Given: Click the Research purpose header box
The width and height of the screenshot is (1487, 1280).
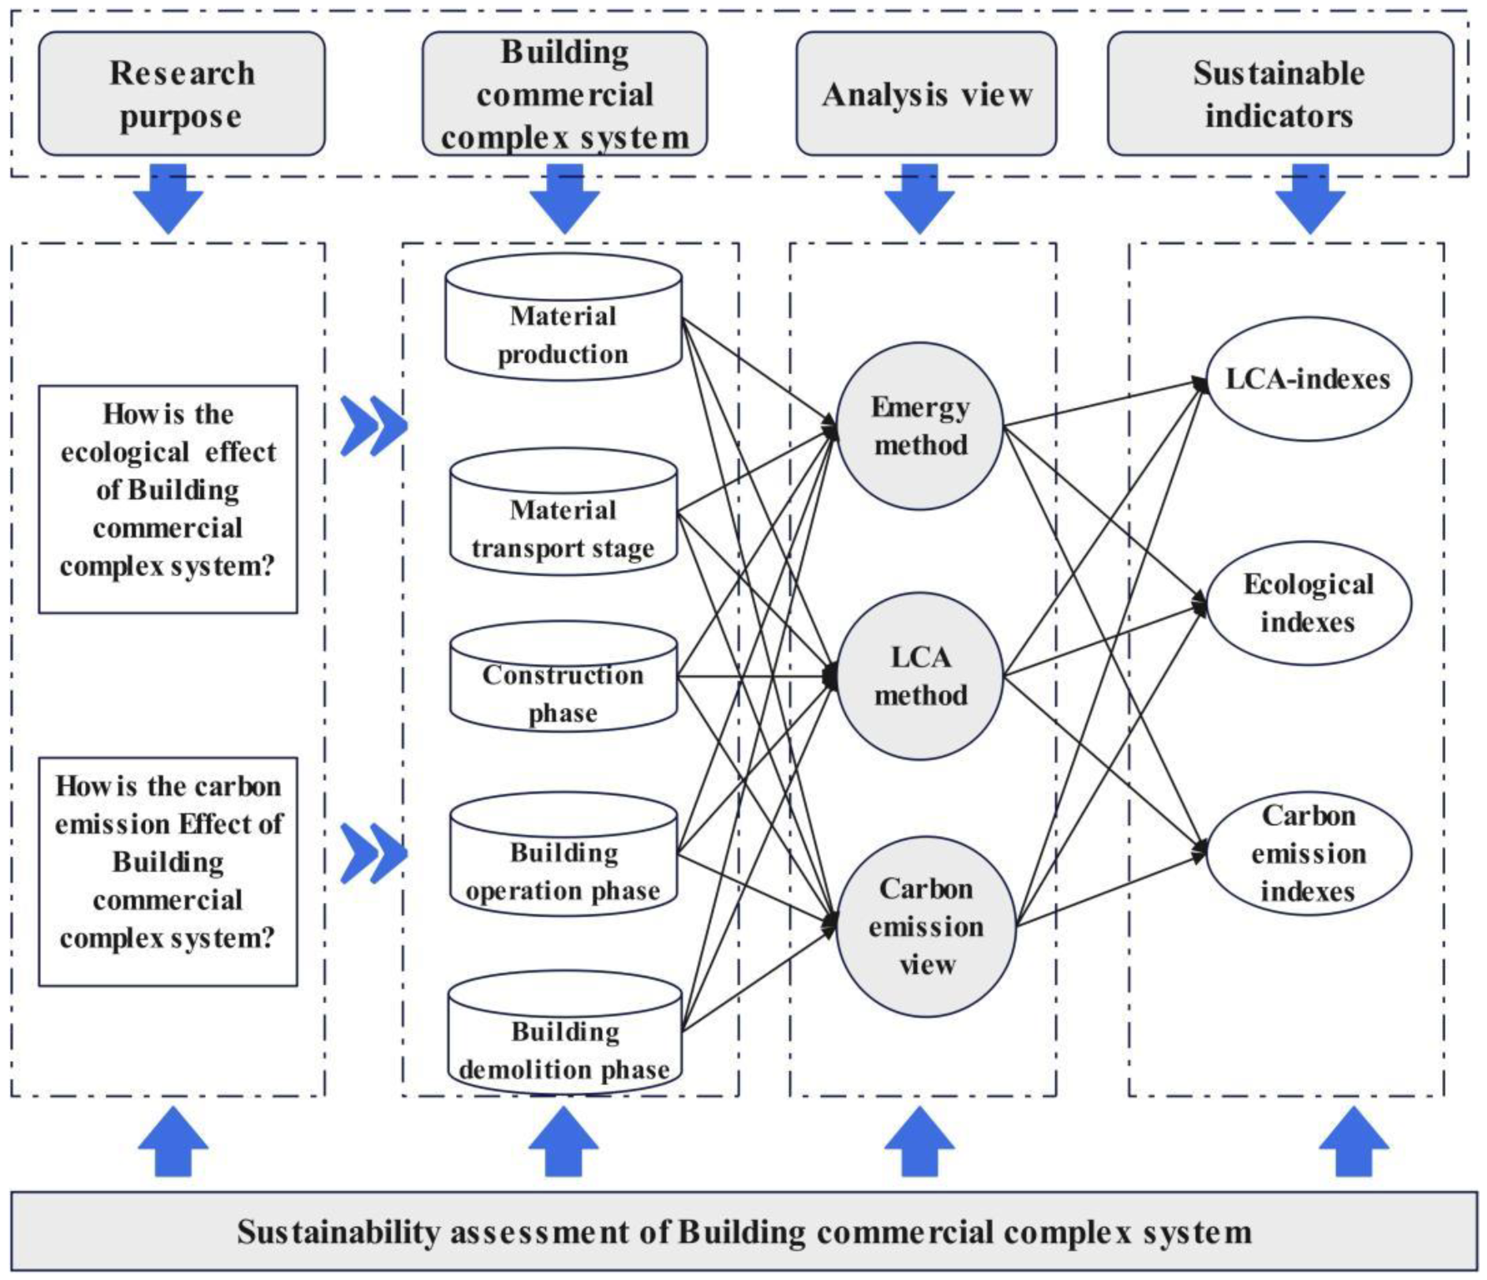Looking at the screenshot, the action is coord(182,94).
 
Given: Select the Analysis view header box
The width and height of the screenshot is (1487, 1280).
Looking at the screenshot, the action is coord(926,94).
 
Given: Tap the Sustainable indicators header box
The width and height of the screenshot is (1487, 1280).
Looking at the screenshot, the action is coord(1280,94).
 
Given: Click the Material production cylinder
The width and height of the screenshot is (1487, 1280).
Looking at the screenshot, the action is coord(563,317).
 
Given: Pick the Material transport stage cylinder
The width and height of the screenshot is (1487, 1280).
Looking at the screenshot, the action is coord(563,512).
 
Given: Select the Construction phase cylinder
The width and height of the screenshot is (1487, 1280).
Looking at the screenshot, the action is coord(563,677).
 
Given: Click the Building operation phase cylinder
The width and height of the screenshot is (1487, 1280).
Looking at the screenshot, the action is coord(563,853).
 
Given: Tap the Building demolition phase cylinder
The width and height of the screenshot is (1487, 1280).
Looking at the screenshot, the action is coord(565,1032).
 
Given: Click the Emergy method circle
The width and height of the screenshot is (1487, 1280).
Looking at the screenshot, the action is coord(920,426).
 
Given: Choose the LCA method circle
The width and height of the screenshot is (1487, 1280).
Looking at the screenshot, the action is coord(920,676).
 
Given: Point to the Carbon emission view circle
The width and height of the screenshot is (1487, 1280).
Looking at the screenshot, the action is coord(926,927).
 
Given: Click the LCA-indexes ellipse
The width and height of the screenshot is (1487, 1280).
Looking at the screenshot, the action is coord(1309,379).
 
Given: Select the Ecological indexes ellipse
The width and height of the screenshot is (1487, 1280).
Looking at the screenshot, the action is coord(1309,603).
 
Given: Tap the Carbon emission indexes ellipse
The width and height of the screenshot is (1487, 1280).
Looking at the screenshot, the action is coord(1309,853).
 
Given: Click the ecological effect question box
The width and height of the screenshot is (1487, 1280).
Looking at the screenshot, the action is coord(168,499).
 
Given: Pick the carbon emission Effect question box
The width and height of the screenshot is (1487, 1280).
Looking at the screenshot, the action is coord(168,872).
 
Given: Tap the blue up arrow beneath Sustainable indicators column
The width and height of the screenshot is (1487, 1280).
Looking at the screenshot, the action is coord(1354,1142).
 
